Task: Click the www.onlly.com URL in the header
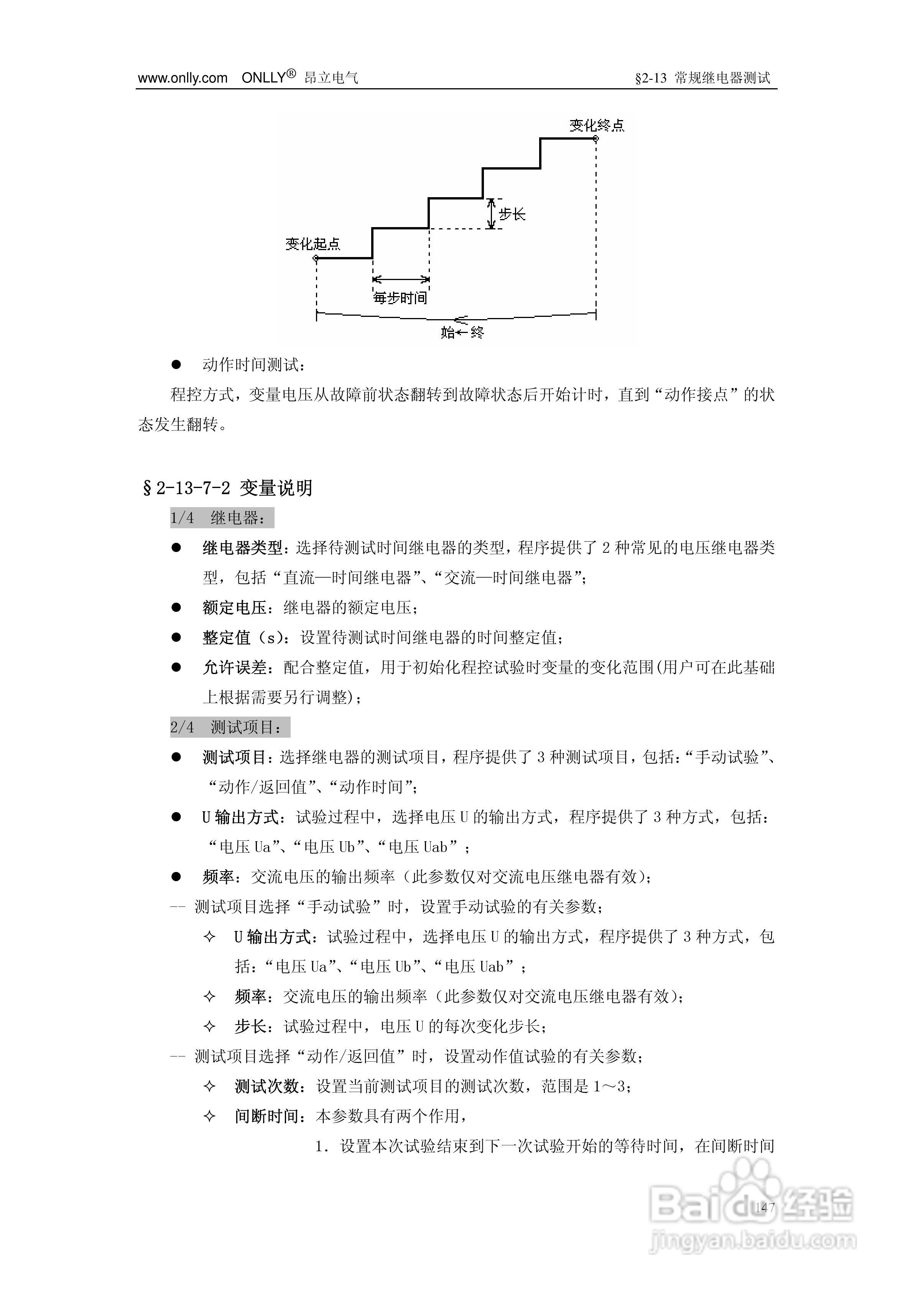coord(182,78)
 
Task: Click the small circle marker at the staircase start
coord(316,258)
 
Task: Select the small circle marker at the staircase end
coord(596,138)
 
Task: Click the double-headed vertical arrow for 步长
coord(491,214)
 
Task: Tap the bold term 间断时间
coord(266,1116)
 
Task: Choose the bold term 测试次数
coord(266,1086)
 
